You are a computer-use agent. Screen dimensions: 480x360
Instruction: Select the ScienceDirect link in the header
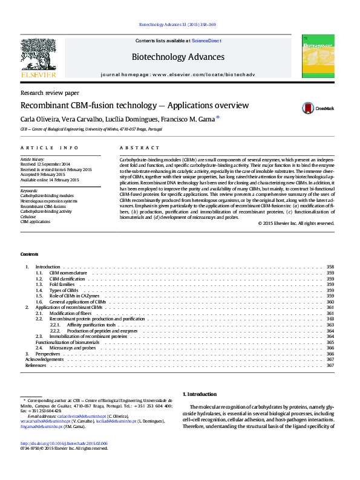(206, 41)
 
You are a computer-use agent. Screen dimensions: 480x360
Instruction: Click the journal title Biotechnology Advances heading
(177, 57)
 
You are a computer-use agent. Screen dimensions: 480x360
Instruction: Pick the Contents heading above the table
(28, 254)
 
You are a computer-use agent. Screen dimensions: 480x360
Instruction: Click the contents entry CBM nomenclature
(68, 273)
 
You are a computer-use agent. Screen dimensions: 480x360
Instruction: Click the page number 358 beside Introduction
(330, 267)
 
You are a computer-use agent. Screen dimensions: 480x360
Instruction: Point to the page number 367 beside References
(330, 365)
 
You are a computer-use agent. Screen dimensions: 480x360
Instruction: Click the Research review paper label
(50, 93)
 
